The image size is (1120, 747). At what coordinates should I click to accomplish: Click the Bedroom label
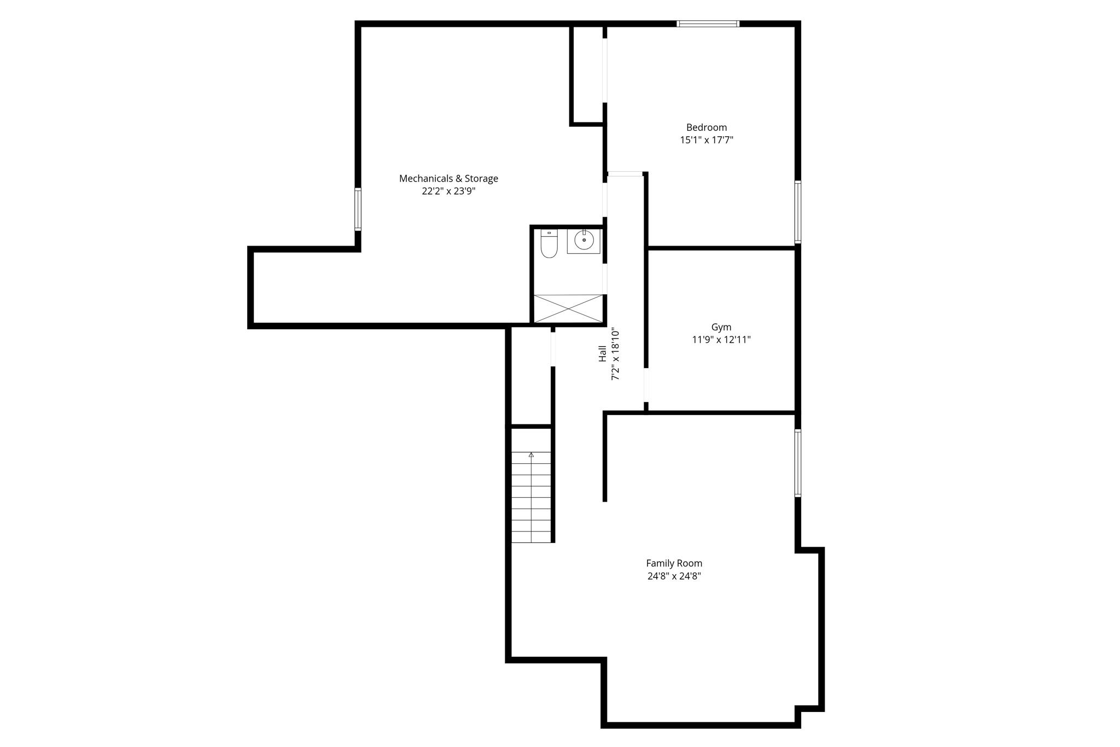pos(706,127)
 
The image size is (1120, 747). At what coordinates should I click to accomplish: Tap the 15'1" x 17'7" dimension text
pos(706,140)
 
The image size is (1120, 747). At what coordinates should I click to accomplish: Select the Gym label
pos(721,327)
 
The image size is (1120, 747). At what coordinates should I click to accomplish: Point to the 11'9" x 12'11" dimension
pos(721,340)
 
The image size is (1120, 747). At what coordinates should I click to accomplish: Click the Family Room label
pos(674,563)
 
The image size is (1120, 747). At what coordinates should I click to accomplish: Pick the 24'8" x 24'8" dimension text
pos(674,576)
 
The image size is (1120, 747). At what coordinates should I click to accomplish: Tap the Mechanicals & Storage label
pos(448,178)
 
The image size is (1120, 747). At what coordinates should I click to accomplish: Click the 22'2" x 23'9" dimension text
pos(448,191)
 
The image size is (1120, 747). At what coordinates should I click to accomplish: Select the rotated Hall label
pos(602,353)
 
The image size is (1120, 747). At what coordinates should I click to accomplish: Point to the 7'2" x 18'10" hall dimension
pos(615,354)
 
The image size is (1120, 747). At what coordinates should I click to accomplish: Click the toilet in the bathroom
pos(549,244)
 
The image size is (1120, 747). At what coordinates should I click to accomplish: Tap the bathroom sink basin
pos(584,241)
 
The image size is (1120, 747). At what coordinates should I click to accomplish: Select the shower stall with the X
pos(568,308)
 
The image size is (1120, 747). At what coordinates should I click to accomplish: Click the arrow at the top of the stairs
pos(531,454)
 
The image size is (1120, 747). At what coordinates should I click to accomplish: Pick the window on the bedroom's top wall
pos(708,24)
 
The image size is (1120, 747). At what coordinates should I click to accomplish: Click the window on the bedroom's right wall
pos(798,212)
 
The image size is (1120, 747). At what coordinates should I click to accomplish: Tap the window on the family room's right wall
pos(798,463)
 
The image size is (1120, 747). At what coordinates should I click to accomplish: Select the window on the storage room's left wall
pos(358,209)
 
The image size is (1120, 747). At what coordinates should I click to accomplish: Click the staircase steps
pos(531,498)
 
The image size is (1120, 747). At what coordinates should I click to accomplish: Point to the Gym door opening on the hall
pos(646,386)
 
